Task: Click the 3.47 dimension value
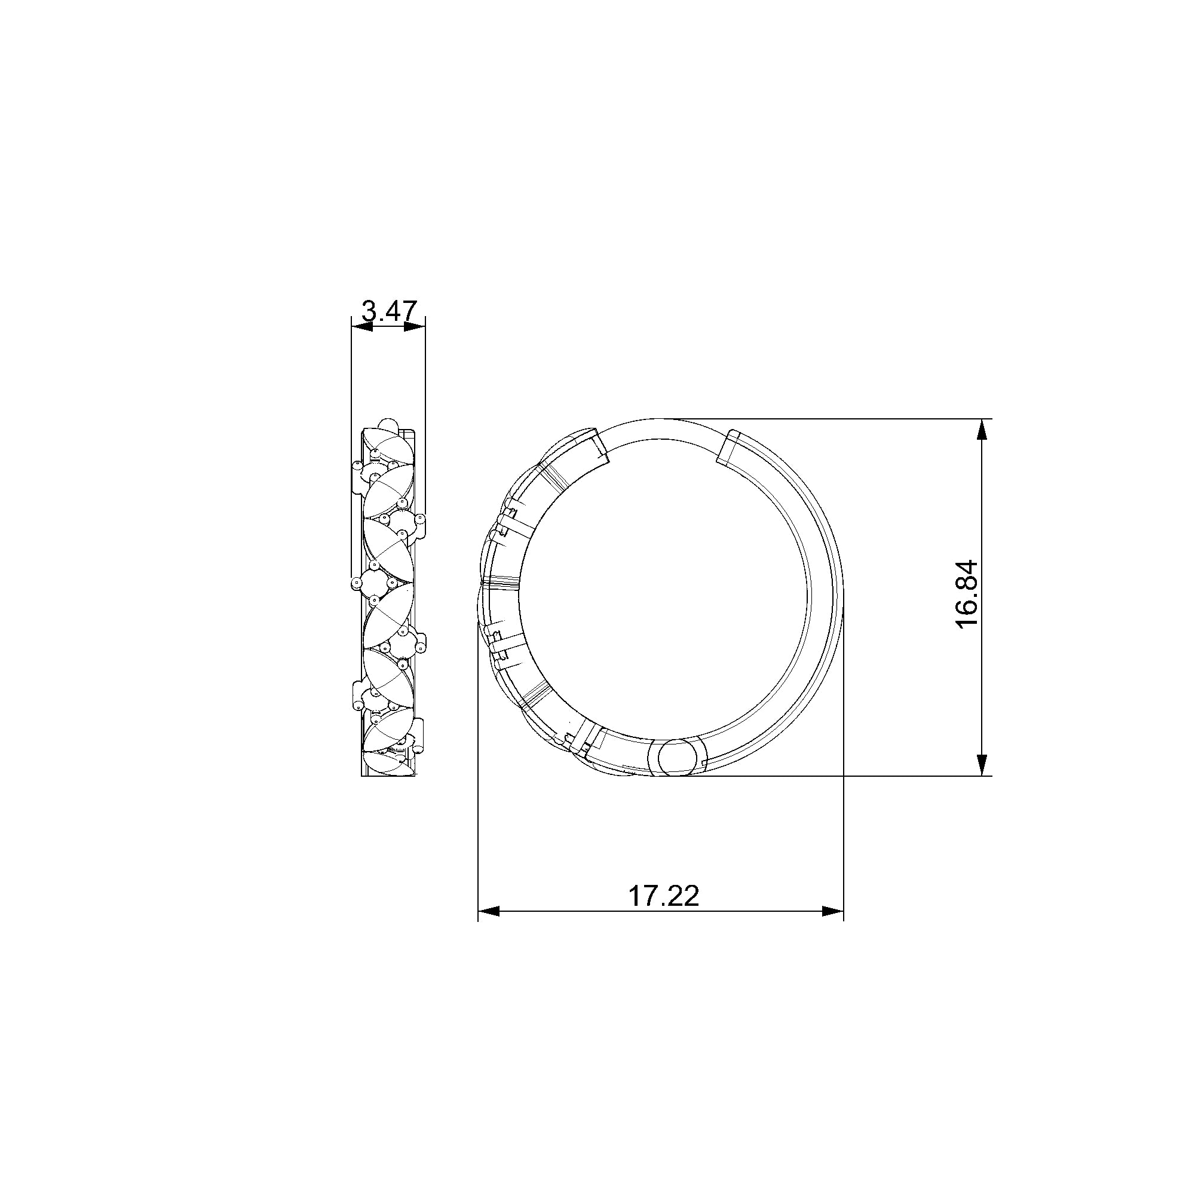(x=389, y=311)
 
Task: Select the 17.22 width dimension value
(x=664, y=896)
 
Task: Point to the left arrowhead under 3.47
(x=362, y=326)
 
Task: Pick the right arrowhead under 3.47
(x=415, y=326)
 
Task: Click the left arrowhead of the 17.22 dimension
(x=489, y=911)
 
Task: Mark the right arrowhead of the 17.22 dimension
(x=832, y=911)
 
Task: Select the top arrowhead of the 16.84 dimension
(x=981, y=430)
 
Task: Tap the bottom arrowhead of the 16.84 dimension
(x=981, y=765)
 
